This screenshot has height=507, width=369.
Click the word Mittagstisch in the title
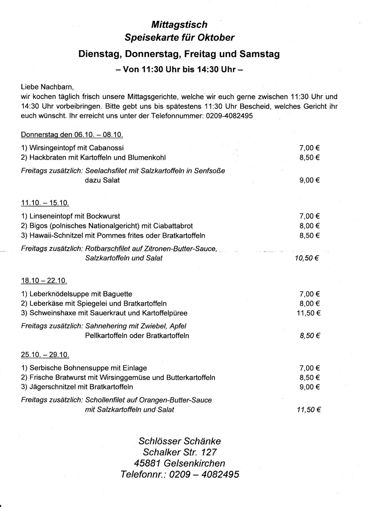179,25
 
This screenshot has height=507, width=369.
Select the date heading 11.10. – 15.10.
45,203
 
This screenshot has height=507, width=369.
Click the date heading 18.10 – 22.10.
44,281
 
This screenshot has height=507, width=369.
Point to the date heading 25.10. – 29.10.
45,355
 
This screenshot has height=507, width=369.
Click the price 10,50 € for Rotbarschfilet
307,258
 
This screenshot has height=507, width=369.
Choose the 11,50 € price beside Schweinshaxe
309,313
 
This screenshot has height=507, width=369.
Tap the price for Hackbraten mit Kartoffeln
309,157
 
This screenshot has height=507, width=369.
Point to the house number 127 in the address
209,452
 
